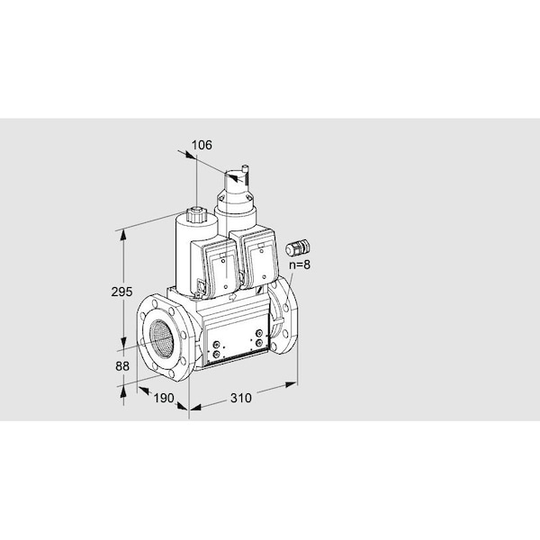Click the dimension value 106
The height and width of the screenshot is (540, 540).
coord(202,145)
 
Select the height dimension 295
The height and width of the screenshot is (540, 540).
coord(121,292)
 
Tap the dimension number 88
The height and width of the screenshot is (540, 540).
coord(122,366)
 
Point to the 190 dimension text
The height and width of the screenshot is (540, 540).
coord(164,398)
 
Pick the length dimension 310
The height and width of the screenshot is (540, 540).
coord(240,398)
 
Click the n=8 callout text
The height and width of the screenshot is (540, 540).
coord(300,265)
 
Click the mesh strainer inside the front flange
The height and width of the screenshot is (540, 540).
coord(161,337)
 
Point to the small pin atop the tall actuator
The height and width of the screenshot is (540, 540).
coord(246,173)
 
